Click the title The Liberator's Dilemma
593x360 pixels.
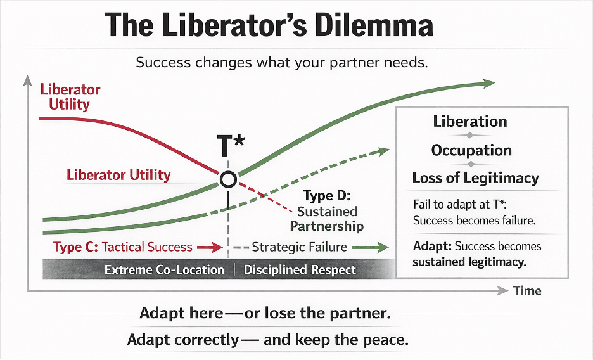point(269,25)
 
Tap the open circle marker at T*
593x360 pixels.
point(228,179)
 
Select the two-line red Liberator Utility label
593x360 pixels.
point(70,97)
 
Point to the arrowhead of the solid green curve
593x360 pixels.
point(488,83)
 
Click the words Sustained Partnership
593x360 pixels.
point(327,219)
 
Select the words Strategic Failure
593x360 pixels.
point(299,247)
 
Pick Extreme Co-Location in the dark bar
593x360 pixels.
point(164,269)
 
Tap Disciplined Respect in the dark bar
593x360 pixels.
point(300,269)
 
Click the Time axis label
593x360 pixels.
point(527,291)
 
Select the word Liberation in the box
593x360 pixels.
point(470,121)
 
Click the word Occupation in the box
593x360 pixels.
point(471,150)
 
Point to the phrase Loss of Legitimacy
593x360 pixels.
point(475,178)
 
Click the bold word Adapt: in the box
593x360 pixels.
point(431,246)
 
